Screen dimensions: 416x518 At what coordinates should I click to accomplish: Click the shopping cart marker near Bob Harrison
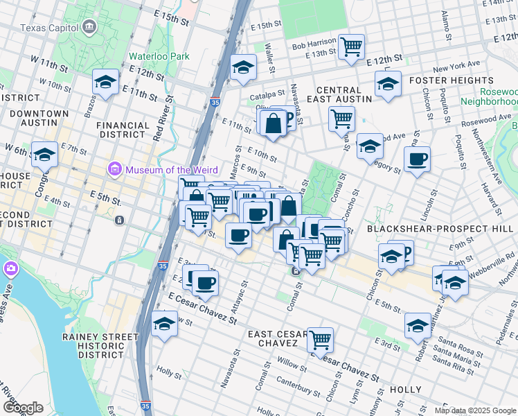click(352, 47)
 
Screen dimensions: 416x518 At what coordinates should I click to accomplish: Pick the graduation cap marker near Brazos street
click(105, 83)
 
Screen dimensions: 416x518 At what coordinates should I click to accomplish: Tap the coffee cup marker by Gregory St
click(417, 159)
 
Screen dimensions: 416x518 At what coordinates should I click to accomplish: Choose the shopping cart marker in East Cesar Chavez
click(320, 340)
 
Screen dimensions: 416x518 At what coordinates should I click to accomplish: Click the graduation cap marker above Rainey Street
click(164, 324)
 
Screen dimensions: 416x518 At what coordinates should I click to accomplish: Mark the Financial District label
click(123, 130)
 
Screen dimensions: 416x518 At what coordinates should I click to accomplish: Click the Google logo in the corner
click(24, 407)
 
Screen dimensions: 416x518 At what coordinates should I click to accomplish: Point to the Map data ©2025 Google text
click(476, 410)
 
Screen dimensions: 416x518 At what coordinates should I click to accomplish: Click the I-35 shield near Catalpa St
click(215, 101)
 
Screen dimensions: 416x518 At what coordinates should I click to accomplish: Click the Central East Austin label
click(343, 95)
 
